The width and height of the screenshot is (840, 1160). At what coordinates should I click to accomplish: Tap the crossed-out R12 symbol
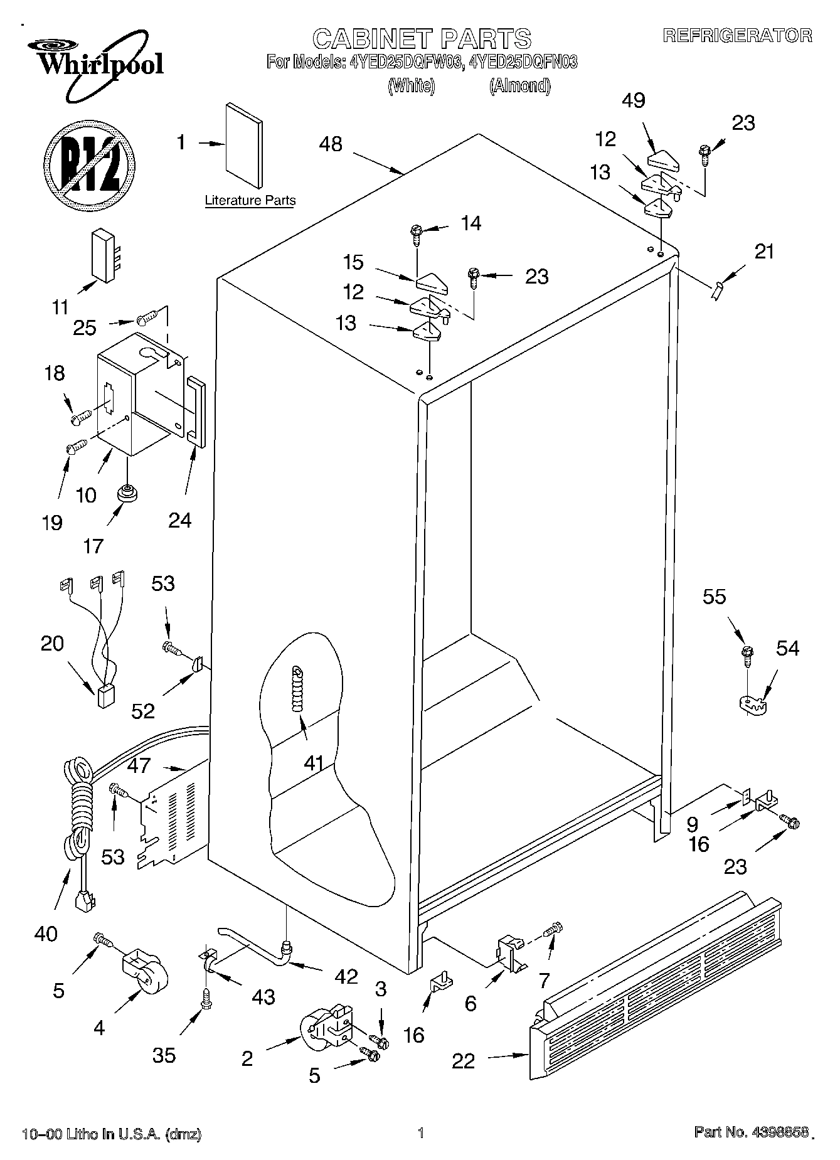(x=89, y=164)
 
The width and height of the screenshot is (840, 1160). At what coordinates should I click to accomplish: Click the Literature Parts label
(x=250, y=201)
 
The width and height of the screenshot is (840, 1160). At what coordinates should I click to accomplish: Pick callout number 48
(x=331, y=144)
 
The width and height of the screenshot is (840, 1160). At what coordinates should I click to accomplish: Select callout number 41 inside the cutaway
(x=313, y=764)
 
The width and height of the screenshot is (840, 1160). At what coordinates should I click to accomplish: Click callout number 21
(x=763, y=252)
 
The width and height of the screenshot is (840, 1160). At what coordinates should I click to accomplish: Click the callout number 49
(x=634, y=100)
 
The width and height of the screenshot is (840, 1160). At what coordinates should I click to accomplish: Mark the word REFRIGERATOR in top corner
(x=737, y=36)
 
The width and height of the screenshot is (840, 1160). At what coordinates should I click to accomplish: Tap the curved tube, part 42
(x=254, y=941)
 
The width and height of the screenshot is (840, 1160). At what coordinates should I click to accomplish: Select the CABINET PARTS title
(x=422, y=39)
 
